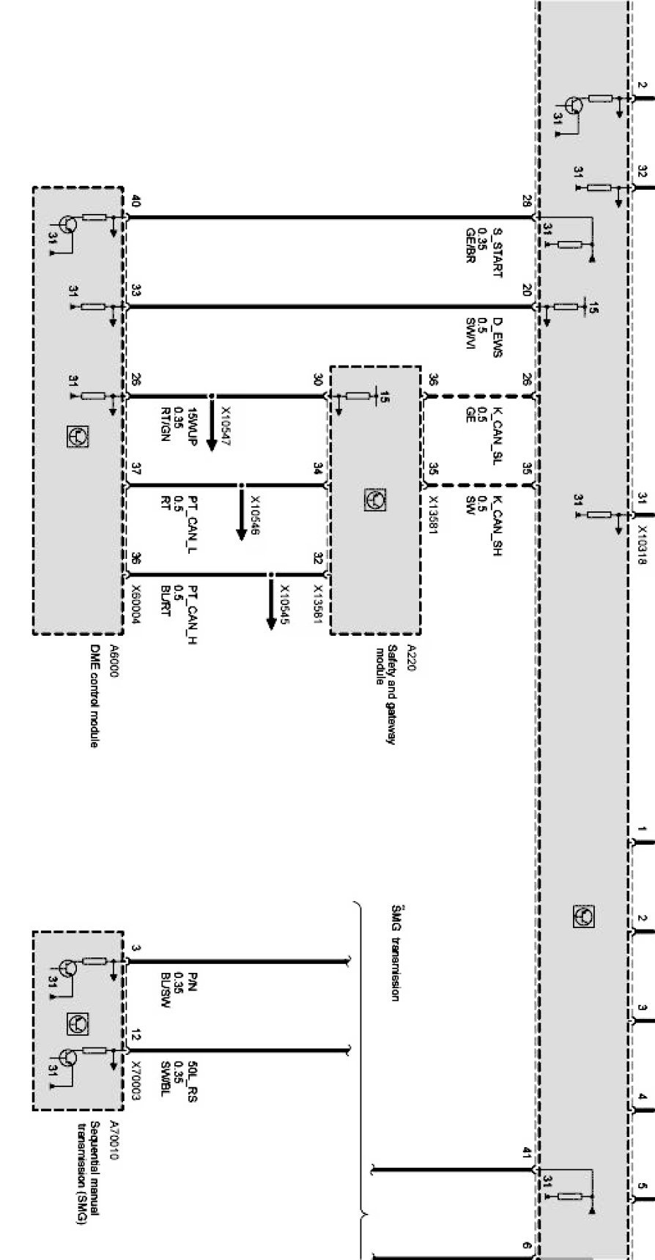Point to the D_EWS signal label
(x=497, y=335)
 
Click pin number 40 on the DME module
(x=135, y=201)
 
